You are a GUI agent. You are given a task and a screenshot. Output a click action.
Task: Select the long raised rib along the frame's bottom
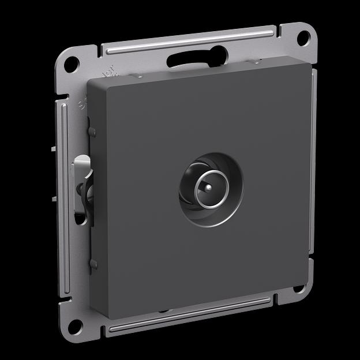pyautogui.click(x=190, y=314)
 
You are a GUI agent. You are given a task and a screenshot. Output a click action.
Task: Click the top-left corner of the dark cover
pyautogui.click(x=88, y=81)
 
